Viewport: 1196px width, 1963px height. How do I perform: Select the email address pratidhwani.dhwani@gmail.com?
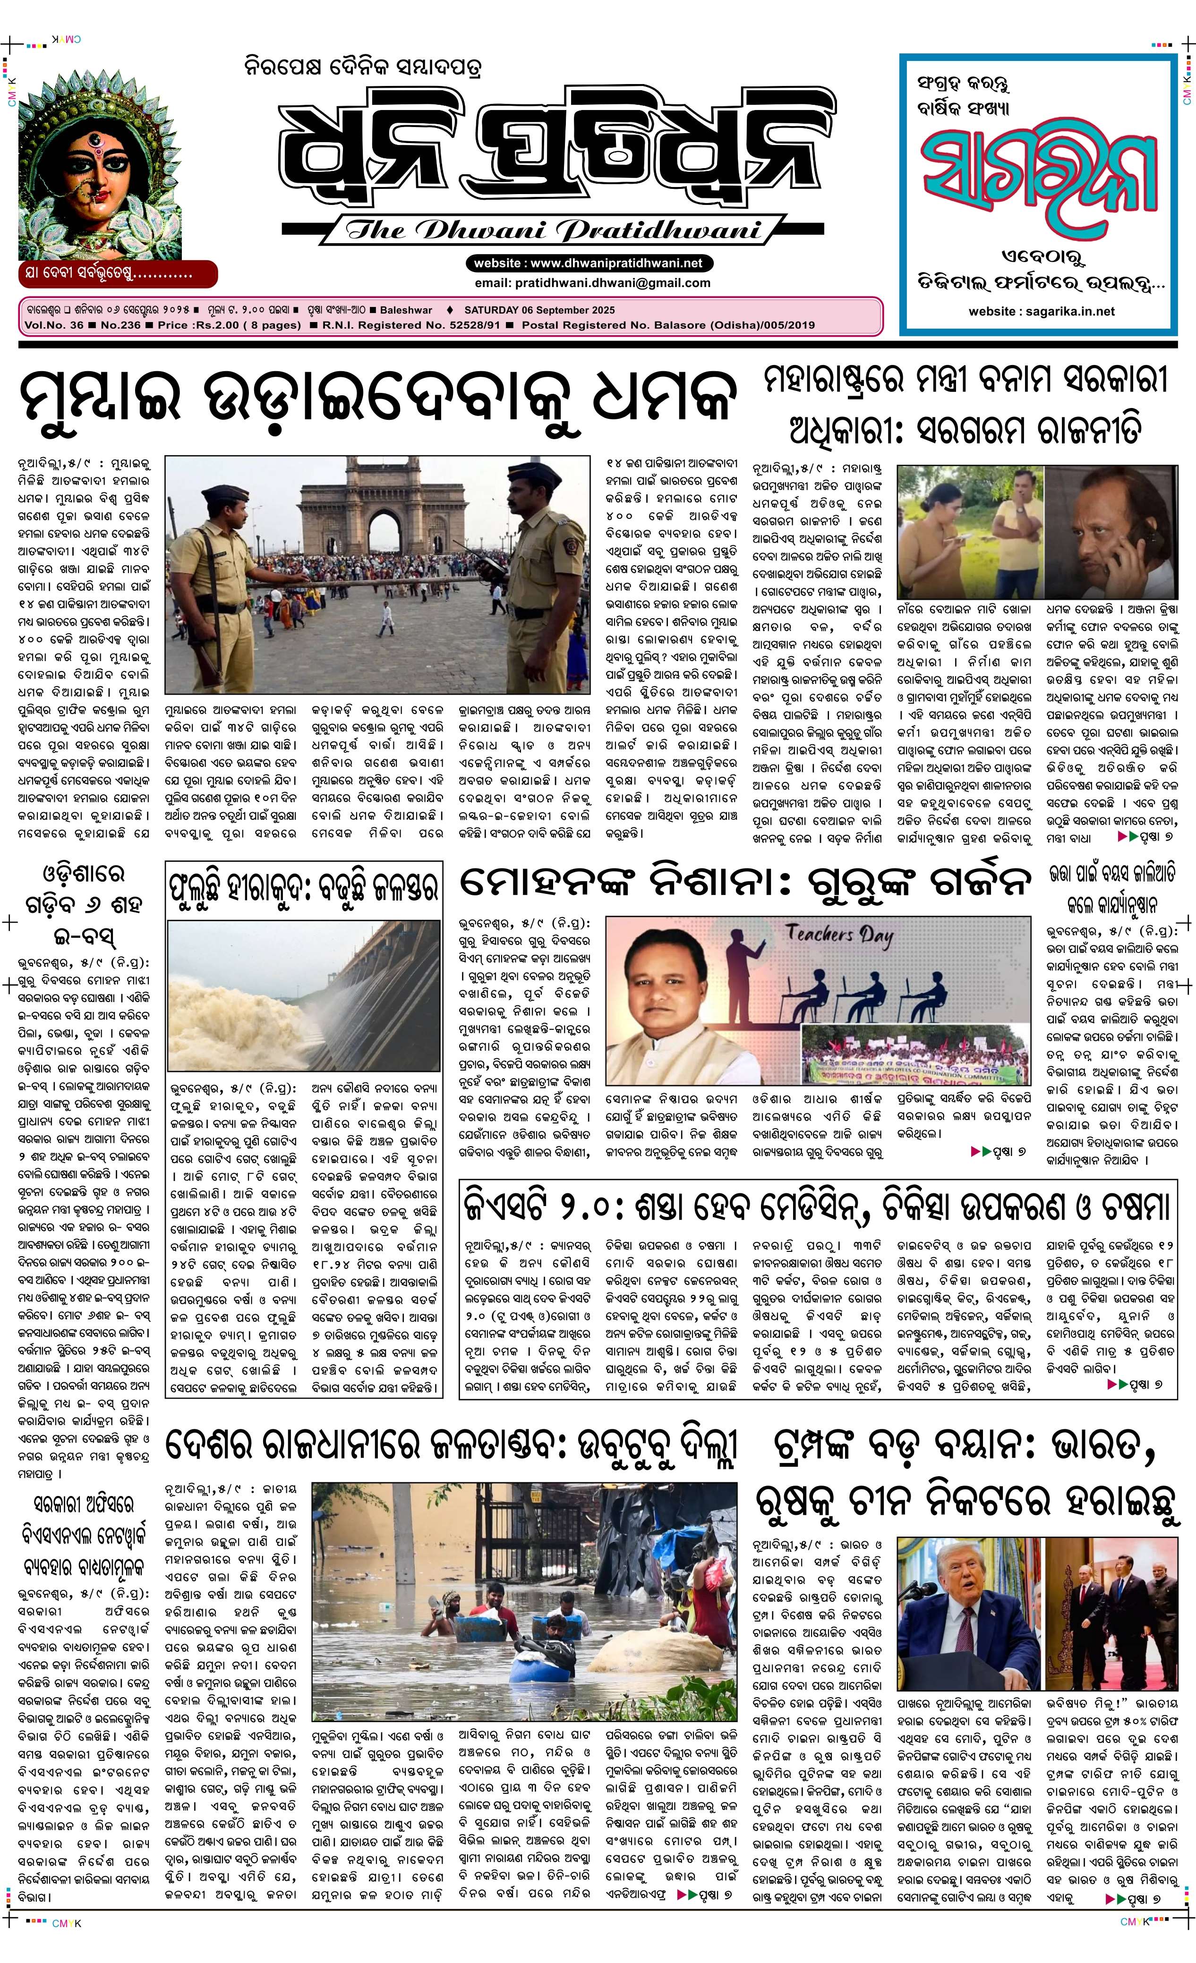[x=592, y=283]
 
